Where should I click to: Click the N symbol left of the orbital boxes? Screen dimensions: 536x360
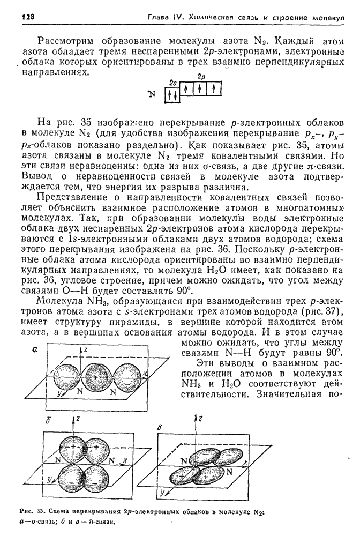[152, 94]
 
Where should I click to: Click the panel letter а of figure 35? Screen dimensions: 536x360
[34, 349]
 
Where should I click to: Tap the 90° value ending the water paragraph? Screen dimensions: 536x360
[183, 291]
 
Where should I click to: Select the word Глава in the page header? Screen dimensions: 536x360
[161, 17]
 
